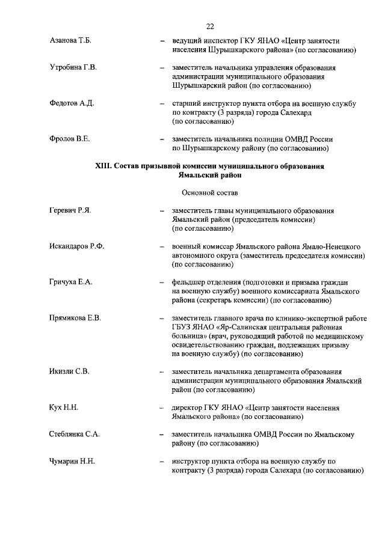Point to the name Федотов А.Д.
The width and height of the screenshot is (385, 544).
[x=72, y=103]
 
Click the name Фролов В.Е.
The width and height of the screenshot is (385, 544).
[x=69, y=139]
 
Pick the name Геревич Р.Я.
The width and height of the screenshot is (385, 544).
[x=70, y=211]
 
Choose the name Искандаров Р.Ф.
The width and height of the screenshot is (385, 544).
[x=77, y=247]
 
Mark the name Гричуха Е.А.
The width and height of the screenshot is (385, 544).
[x=71, y=283]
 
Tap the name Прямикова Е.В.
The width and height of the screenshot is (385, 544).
[x=75, y=319]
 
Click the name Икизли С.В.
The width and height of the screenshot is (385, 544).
[x=69, y=372]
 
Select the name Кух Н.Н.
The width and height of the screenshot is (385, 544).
[x=64, y=408]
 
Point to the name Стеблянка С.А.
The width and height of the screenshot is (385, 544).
[x=74, y=435]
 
